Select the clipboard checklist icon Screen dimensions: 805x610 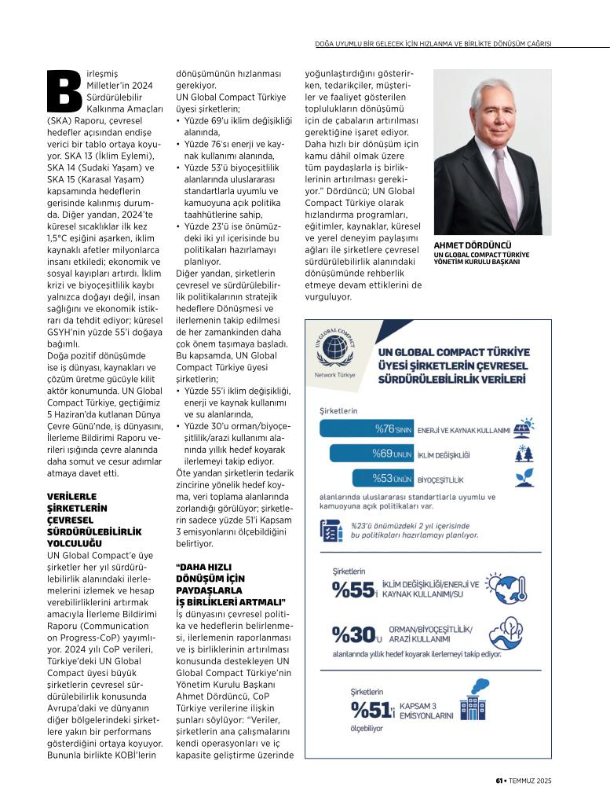point(331,531)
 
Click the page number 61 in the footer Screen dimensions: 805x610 point(499,781)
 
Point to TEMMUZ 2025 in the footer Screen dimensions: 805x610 point(534,781)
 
